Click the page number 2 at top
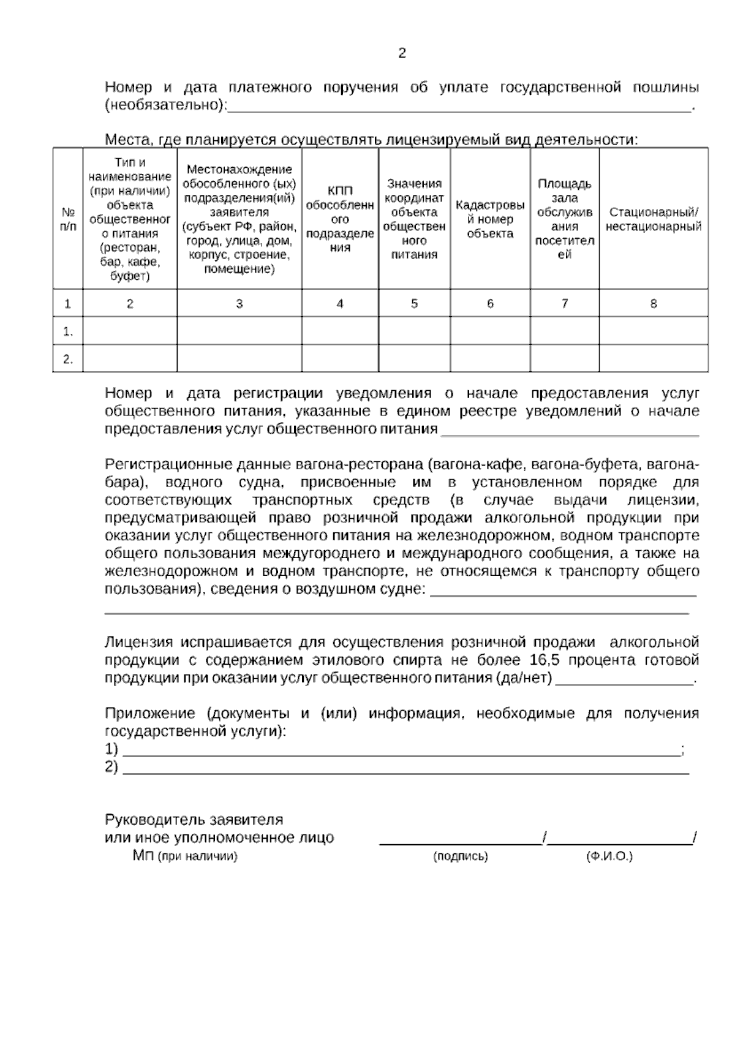(x=402, y=53)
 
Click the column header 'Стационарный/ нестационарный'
(x=654, y=219)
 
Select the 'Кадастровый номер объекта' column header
(x=490, y=219)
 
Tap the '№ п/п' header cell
(x=68, y=219)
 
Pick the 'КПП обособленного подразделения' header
(x=340, y=219)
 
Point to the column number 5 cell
(x=414, y=303)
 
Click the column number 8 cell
(x=654, y=303)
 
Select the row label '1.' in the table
(x=68, y=331)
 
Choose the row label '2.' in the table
(x=68, y=360)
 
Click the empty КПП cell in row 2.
(x=340, y=359)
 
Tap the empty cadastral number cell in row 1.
(x=490, y=331)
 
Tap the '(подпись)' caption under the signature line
(x=460, y=856)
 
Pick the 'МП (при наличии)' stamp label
(x=184, y=856)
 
